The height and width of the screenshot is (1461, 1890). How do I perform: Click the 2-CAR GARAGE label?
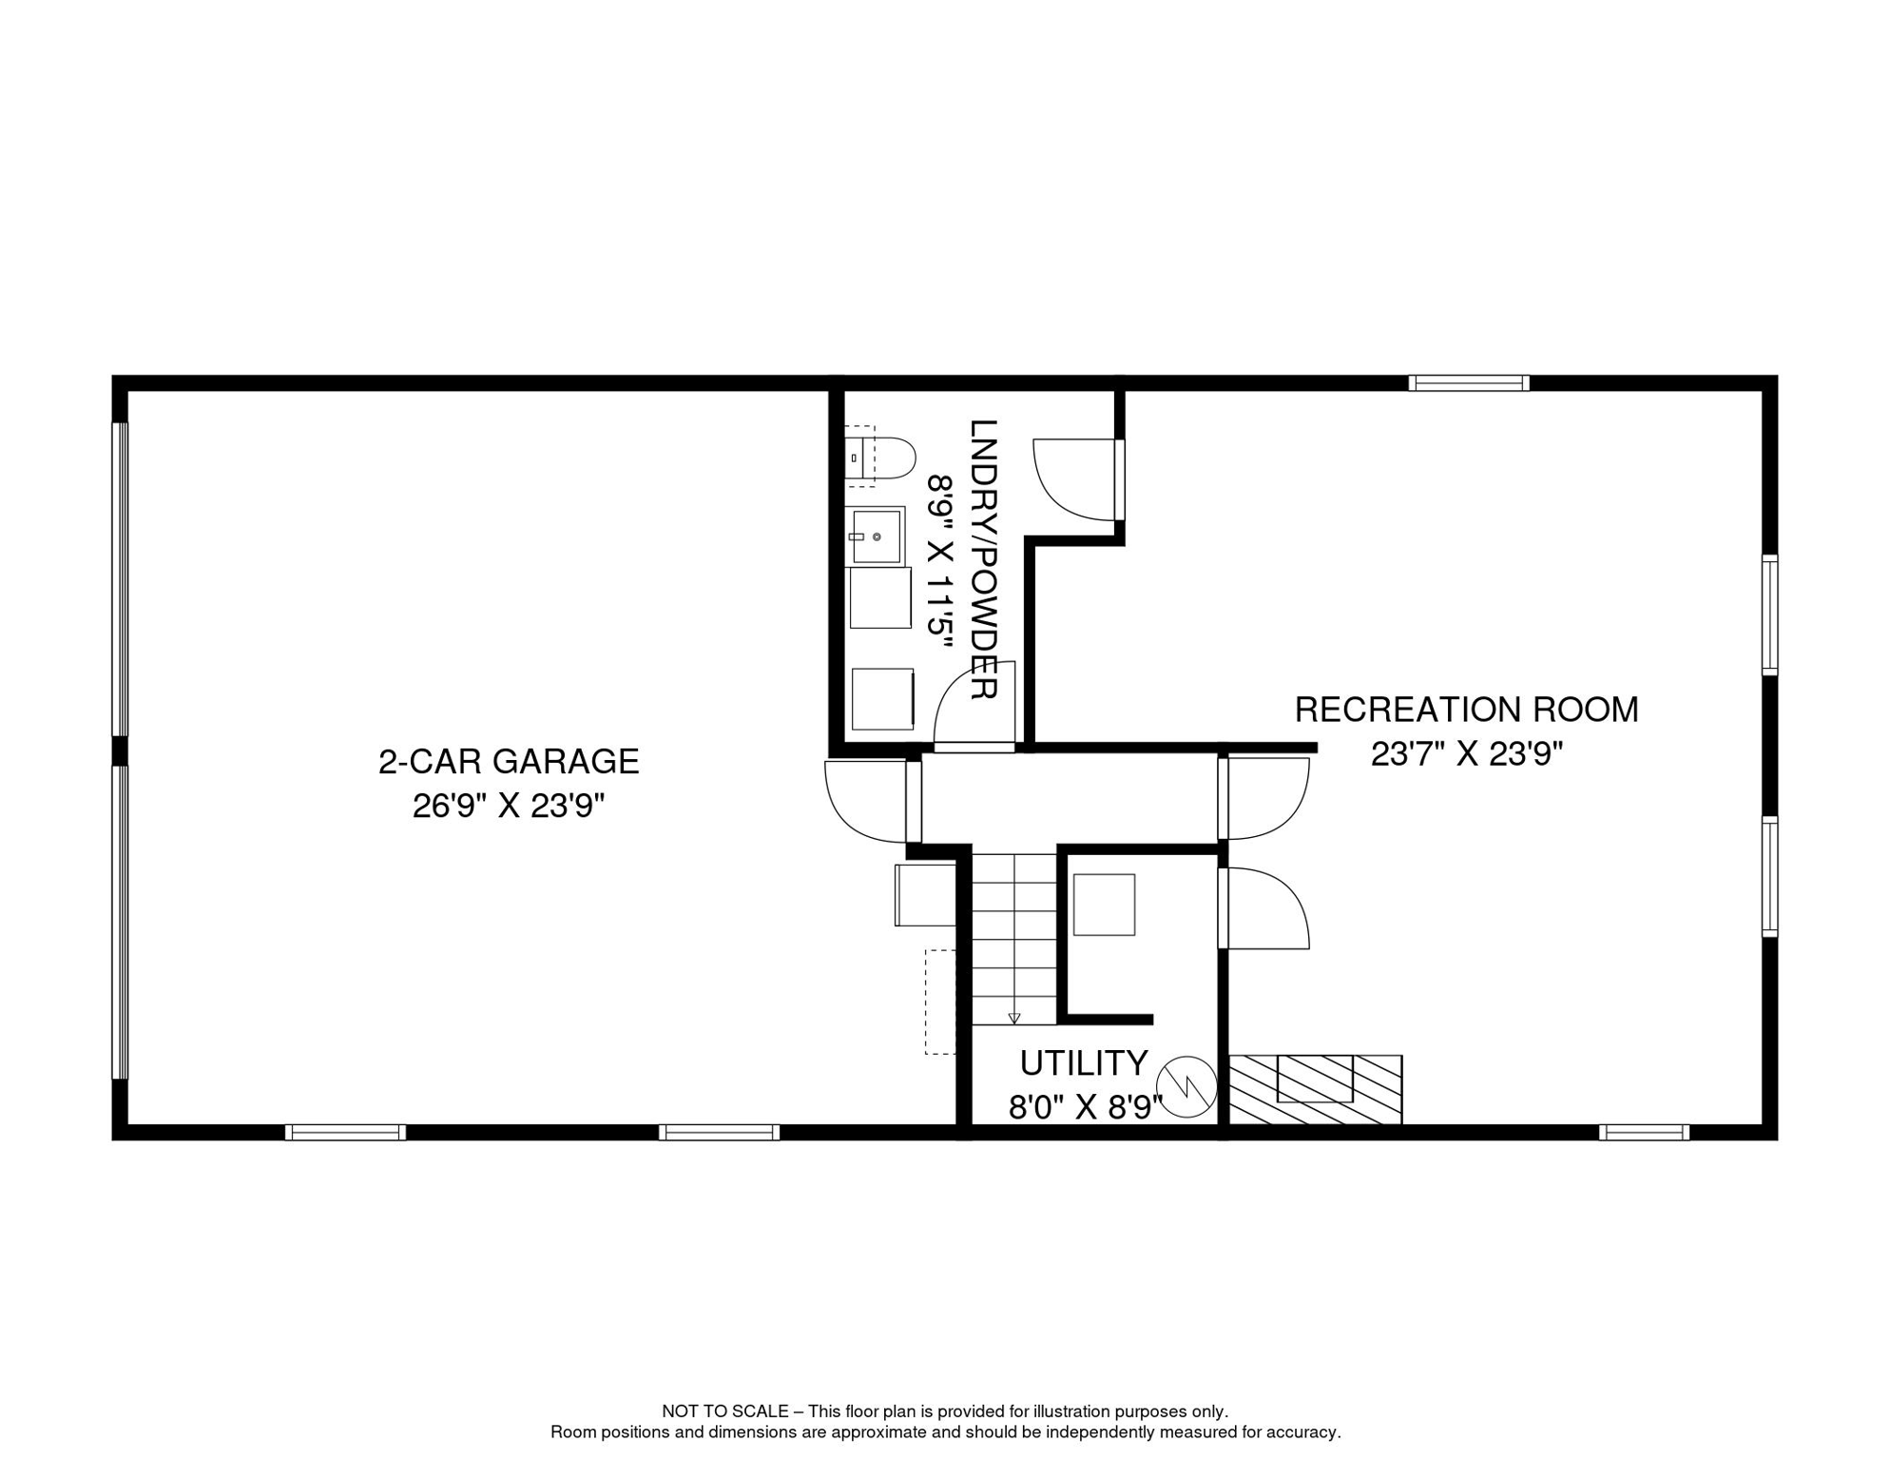509,762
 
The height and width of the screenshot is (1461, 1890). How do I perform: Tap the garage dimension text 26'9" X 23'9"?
509,807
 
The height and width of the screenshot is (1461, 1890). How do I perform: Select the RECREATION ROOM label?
1467,710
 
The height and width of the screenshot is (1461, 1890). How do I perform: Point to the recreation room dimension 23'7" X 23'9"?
1467,754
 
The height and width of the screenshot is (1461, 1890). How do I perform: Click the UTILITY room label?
1084,1062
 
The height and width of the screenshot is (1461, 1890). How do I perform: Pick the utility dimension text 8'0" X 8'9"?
1086,1107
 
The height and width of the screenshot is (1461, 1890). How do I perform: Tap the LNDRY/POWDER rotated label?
983,560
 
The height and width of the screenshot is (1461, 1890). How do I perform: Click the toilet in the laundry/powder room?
879,458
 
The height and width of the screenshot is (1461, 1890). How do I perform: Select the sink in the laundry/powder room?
876,536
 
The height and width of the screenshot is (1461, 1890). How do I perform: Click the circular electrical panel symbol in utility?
1186,1087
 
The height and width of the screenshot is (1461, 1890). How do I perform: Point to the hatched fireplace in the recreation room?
1315,1090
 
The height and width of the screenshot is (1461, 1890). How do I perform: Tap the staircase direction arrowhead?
1014,1018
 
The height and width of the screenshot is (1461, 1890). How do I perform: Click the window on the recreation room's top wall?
1469,383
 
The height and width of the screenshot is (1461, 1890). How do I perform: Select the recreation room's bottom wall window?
1644,1132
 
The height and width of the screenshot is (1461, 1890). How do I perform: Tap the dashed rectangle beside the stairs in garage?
940,1002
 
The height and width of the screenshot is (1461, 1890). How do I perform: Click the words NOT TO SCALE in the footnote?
725,1412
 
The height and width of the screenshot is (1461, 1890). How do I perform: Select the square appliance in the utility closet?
1104,905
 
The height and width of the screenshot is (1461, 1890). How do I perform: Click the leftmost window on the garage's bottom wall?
345,1132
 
